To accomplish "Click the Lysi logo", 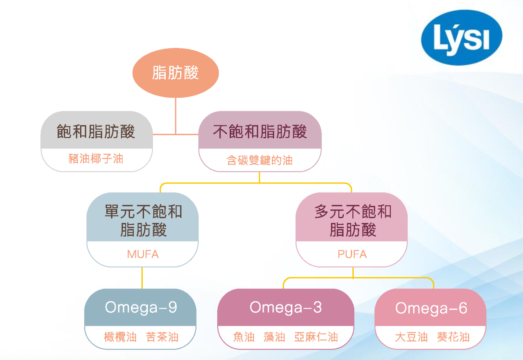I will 461,37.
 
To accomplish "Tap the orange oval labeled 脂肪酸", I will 176,72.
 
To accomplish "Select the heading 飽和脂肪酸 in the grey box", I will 96,131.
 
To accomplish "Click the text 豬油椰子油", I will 96,159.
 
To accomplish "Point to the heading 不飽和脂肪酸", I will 260,131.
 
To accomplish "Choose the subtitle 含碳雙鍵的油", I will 260,160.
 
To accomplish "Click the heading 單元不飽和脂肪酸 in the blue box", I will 143,220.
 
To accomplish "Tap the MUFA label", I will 143,254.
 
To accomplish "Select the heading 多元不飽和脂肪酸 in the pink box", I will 353,220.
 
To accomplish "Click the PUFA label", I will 352,254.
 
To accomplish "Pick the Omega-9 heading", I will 141,307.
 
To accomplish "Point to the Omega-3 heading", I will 285,307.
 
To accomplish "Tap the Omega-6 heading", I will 431,308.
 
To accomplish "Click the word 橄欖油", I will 120,337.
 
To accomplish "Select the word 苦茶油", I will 162,337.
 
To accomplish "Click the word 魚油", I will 244,337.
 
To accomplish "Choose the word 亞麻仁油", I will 316,337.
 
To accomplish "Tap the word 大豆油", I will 411,337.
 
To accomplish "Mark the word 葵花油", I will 453,337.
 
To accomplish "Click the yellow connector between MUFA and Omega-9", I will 142,278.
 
